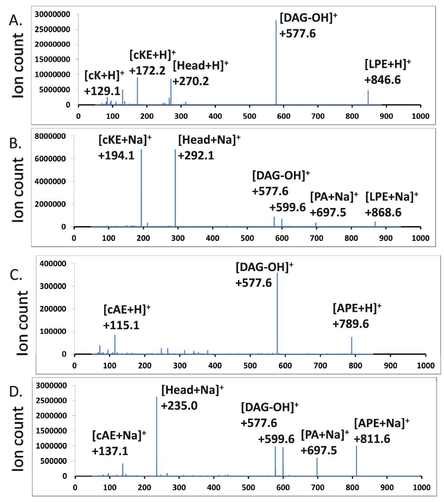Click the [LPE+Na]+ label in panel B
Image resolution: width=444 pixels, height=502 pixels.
(x=392, y=196)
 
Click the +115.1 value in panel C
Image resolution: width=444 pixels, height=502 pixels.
(x=122, y=325)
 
